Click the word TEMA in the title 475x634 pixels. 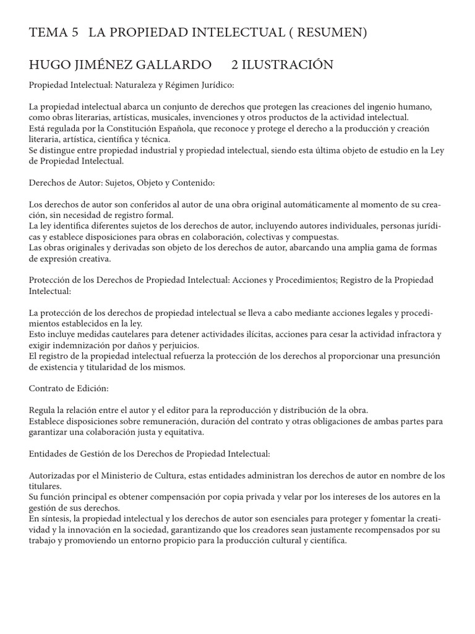click(49, 33)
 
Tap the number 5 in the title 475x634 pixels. click(75, 33)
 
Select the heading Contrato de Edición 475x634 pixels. click(69, 388)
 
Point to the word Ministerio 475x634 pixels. click(137, 475)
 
